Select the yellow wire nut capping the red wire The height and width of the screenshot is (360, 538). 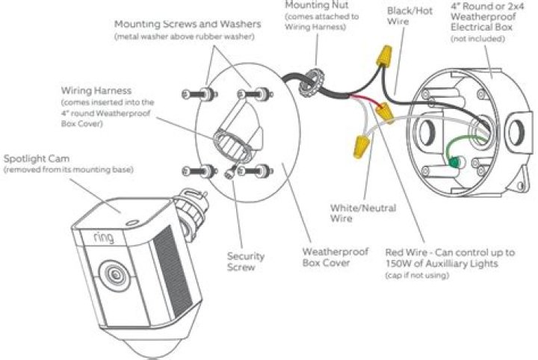pyautogui.click(x=385, y=111)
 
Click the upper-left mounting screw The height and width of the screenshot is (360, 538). pyautogui.click(x=192, y=95)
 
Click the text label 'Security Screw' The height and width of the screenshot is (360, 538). pyautogui.click(x=246, y=261)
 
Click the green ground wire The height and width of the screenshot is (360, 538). pyautogui.click(x=446, y=154)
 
